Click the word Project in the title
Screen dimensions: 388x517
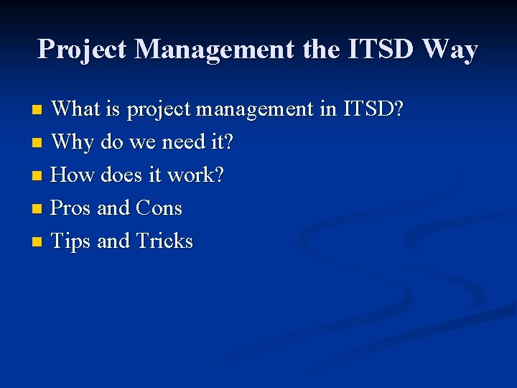click(83, 50)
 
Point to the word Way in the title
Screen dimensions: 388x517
click(450, 50)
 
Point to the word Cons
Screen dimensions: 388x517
click(158, 208)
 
